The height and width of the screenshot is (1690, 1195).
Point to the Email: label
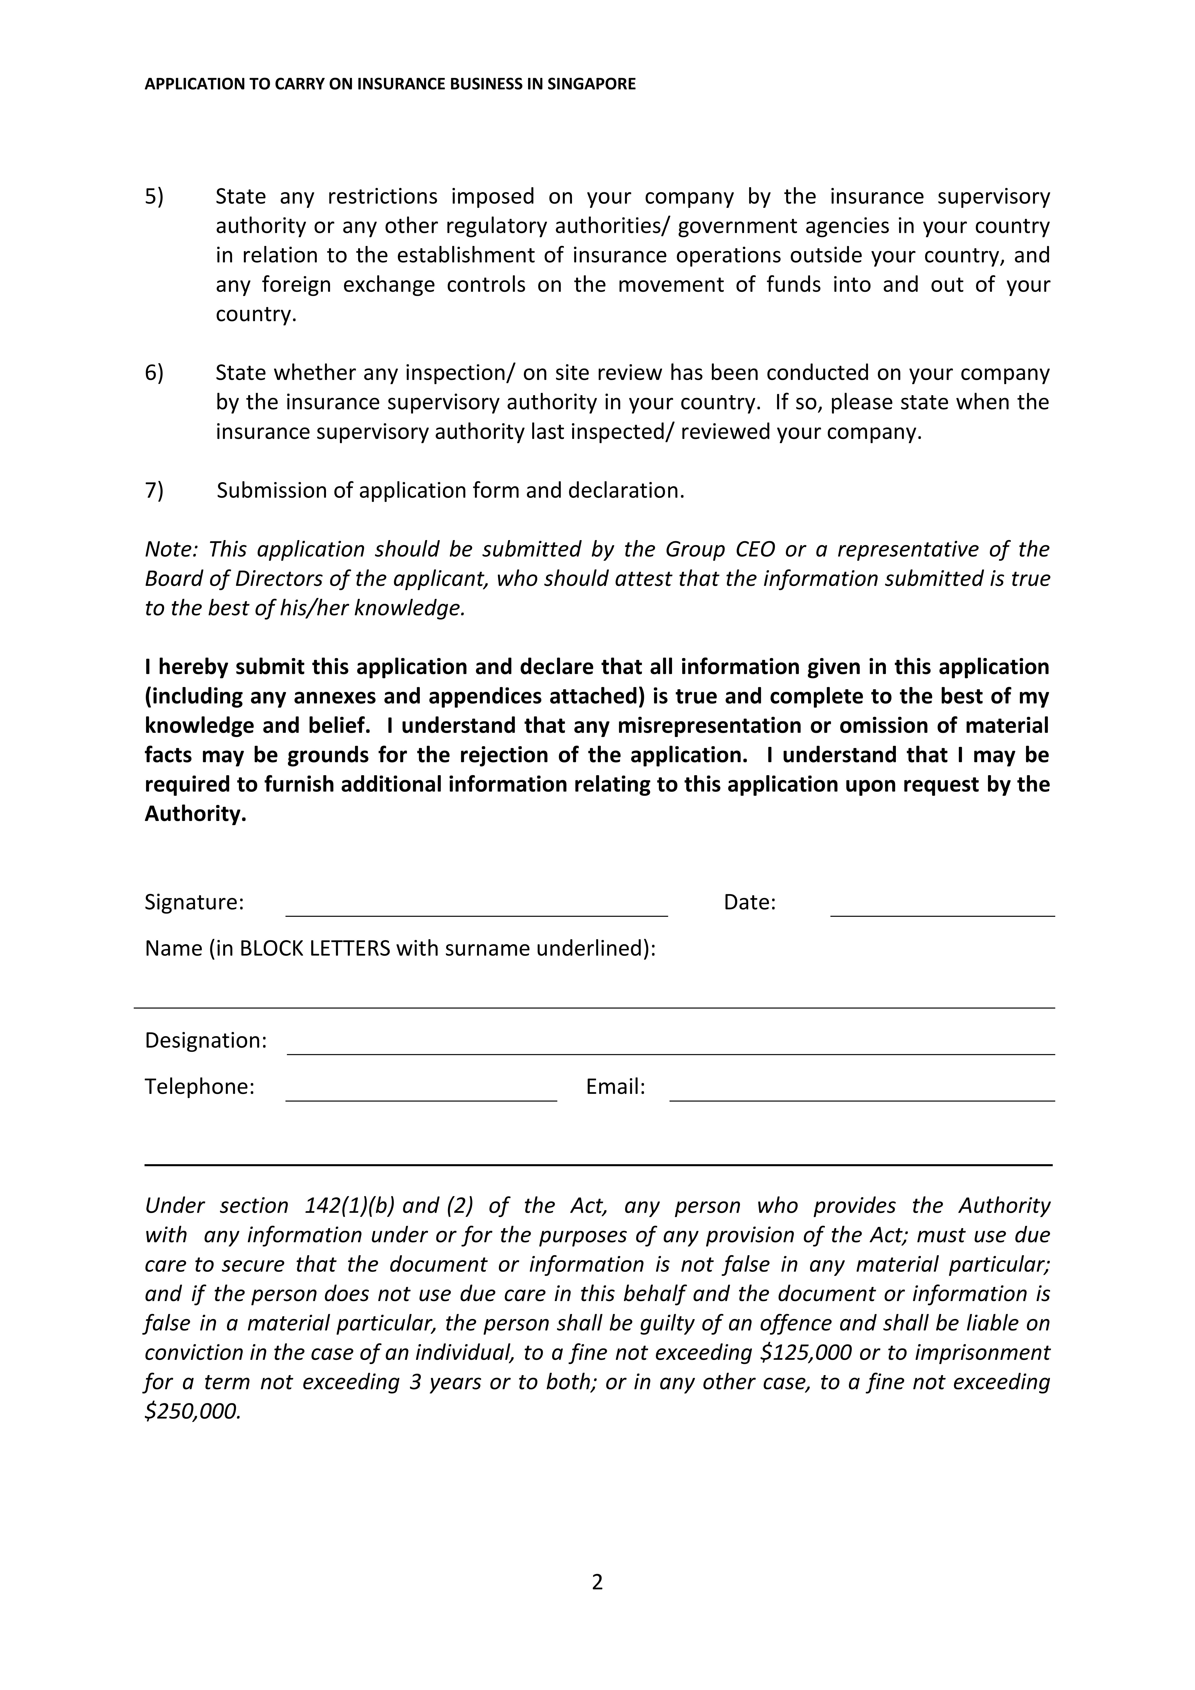tap(616, 1087)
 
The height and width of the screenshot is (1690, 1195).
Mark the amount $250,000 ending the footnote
tap(193, 1412)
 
